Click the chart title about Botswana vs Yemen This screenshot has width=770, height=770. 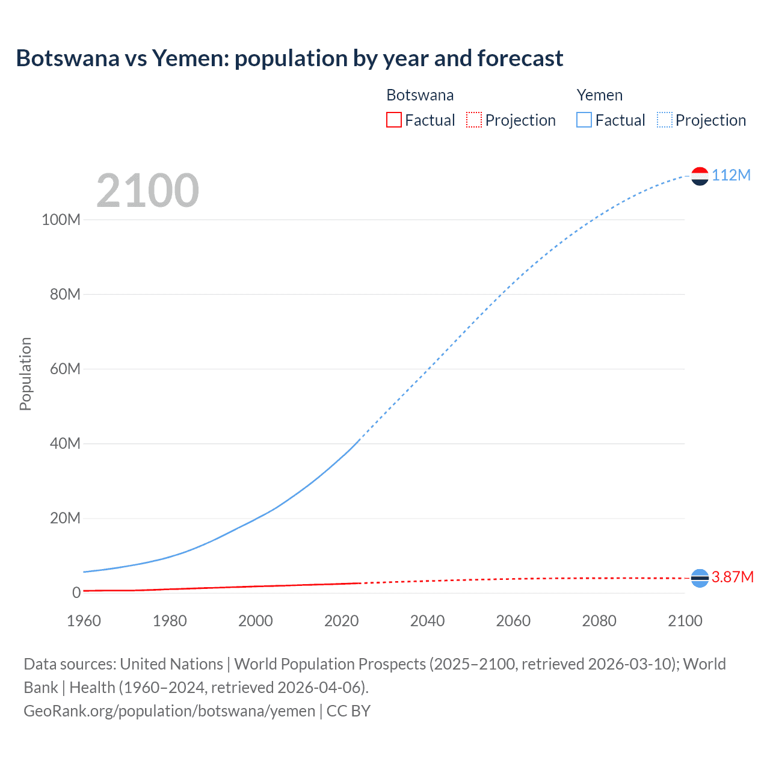(289, 58)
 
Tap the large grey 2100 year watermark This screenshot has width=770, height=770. (147, 191)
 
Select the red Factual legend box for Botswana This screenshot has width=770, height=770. (393, 120)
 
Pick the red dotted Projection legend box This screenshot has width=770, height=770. (474, 120)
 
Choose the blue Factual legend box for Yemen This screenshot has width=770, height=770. (584, 120)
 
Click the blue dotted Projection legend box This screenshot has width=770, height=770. (664, 120)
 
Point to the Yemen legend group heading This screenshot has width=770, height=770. (599, 95)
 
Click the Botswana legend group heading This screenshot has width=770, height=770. (420, 95)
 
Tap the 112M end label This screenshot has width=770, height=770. (731, 175)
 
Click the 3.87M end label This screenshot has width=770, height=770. (732, 577)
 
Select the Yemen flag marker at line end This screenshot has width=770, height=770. (700, 176)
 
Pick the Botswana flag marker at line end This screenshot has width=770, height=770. (700, 578)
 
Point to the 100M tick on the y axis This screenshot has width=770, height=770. (61, 220)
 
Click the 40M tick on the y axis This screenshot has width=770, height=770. (65, 444)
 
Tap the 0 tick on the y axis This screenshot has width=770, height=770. (76, 593)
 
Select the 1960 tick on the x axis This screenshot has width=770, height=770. (84, 621)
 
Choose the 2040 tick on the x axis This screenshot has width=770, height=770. (427, 621)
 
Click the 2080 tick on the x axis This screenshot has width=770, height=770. (599, 621)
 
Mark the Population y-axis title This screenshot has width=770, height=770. (25, 374)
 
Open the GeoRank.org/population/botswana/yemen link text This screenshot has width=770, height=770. (169, 711)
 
